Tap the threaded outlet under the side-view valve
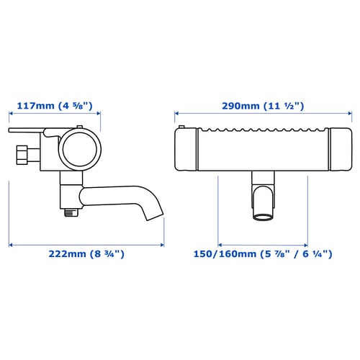[x=71, y=212]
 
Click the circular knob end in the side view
[x=80, y=149]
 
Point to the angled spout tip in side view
[x=153, y=216]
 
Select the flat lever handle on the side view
[x=27, y=130]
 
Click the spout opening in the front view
[x=263, y=217]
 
